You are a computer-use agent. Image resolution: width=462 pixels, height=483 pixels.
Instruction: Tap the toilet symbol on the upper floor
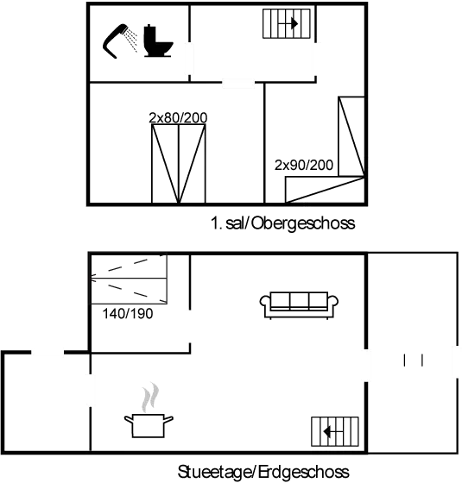156,41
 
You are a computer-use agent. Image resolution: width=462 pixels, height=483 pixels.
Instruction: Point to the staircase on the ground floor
335,429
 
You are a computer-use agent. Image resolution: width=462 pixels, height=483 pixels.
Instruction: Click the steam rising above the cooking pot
151,398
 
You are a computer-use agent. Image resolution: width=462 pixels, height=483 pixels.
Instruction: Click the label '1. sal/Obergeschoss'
283,224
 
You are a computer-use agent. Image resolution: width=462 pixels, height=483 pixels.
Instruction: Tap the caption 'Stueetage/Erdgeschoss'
263,472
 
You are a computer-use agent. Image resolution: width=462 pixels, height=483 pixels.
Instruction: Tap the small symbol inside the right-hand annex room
412,361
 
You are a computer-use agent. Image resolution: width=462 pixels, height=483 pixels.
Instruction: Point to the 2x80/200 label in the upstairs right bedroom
303,163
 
